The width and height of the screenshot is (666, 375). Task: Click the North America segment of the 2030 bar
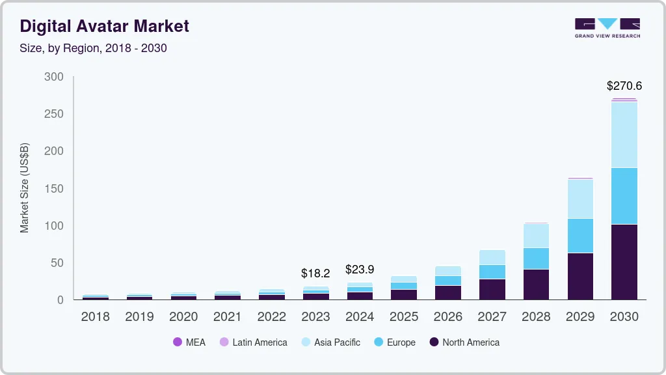pyautogui.click(x=624, y=262)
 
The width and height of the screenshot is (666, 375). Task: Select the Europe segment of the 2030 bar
pyautogui.click(x=624, y=196)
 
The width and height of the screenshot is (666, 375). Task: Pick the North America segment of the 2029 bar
pyautogui.click(x=580, y=276)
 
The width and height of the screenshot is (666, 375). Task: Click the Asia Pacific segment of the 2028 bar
pyautogui.click(x=536, y=236)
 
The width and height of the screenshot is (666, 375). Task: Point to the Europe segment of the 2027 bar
pyautogui.click(x=492, y=271)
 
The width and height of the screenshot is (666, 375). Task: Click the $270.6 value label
pyautogui.click(x=624, y=86)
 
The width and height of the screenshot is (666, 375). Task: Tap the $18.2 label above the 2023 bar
pyautogui.click(x=315, y=273)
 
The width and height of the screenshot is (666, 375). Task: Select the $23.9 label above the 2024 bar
pyautogui.click(x=360, y=269)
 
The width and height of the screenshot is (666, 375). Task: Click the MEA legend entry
pyautogui.click(x=189, y=342)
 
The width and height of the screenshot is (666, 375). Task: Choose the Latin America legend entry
pyautogui.click(x=254, y=342)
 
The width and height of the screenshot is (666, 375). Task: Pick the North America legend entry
pyautogui.click(x=464, y=342)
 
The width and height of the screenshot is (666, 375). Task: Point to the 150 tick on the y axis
pyautogui.click(x=54, y=189)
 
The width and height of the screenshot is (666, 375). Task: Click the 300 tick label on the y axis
pyautogui.click(x=54, y=77)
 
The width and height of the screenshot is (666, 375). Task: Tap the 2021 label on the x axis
pyautogui.click(x=227, y=317)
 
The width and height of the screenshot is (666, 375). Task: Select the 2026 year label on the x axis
pyautogui.click(x=447, y=317)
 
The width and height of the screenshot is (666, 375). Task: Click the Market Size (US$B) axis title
pyautogui.click(x=25, y=187)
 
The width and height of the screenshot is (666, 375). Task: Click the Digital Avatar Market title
pyautogui.click(x=104, y=26)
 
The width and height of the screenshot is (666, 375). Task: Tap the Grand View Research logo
pyautogui.click(x=607, y=27)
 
